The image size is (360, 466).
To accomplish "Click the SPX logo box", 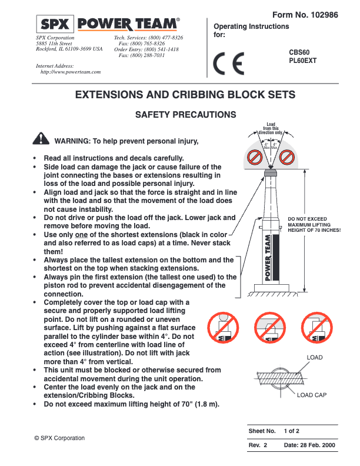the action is coord(55,24).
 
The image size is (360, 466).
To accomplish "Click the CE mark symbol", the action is coord(229,64).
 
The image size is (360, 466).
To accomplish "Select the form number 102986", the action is coord(324,15).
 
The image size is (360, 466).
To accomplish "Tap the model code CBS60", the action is coord(299,52).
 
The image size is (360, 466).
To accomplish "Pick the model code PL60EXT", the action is coord(303,61).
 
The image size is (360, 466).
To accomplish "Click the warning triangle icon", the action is coord(41,138).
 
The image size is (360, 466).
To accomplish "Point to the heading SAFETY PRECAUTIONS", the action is coord(186,115).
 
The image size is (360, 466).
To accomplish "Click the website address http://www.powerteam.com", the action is coord(71,72).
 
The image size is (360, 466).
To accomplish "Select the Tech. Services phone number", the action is coord(166,38).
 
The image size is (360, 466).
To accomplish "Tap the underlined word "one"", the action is coord(81,235).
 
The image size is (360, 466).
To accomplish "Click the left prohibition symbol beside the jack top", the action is coord(255,157).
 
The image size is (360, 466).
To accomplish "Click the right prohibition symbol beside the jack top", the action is coord(287,157).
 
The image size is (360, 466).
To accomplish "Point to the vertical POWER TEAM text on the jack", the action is coord(268,257).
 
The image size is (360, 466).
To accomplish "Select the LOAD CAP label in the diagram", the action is coord(312,395).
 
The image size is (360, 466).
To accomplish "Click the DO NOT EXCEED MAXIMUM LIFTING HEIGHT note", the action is coord(314,224).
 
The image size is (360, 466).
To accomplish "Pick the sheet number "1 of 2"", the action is coord(291,431).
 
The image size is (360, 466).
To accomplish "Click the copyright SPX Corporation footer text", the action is coord(59,438).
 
